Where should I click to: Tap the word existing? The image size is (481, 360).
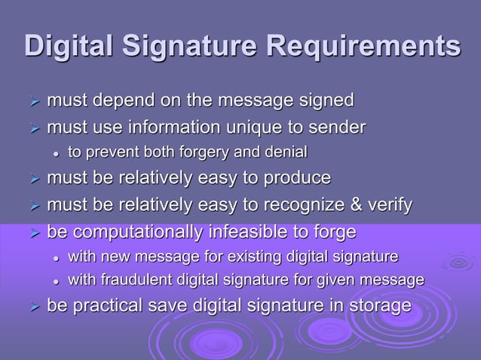point(265,257)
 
